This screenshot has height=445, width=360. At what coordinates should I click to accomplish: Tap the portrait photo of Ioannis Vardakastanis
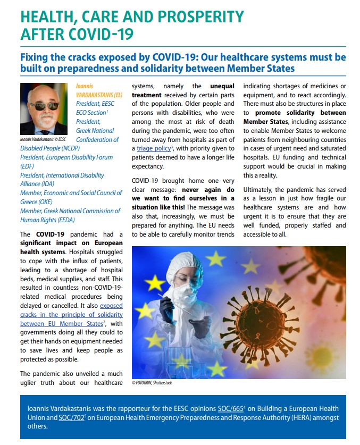coord(44,109)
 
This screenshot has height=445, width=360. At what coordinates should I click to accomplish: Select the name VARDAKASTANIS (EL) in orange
coord(98,94)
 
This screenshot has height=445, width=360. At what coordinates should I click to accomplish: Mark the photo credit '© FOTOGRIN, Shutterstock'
coord(152,383)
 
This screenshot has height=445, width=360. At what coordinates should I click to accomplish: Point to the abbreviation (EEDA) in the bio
coord(63,220)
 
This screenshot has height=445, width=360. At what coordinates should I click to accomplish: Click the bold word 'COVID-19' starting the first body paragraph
coord(51,234)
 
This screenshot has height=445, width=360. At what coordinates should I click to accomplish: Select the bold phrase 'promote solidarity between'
coord(300,113)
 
